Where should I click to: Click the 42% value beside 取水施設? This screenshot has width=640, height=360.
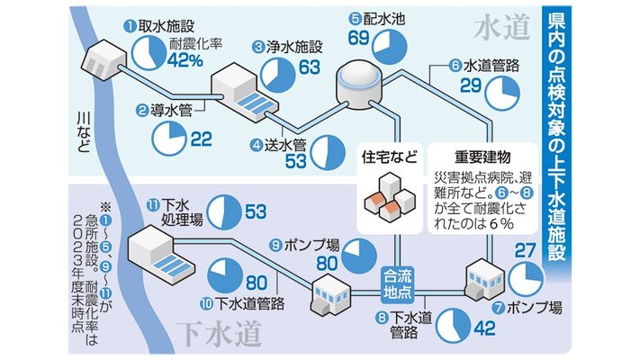coord(185,61)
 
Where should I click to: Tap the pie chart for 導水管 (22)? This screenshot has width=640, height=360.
coord(169,139)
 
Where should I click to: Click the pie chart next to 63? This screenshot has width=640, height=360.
coord(278,75)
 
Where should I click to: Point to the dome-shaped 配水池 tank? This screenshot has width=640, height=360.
coord(359,86)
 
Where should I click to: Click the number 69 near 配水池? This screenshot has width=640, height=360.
coord(359,38)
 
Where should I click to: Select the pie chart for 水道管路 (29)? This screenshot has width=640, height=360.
coord(502,93)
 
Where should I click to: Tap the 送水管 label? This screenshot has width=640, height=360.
coord(285,145)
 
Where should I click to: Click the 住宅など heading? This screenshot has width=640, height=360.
coord(390,157)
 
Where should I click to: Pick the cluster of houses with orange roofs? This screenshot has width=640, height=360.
coord(390,197)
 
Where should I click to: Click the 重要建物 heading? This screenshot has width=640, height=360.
coord(482,157)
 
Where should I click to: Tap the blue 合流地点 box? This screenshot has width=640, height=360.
coord(398,285)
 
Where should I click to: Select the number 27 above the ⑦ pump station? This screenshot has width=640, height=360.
coord(525,250)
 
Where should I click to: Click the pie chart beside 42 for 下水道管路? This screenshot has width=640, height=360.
coord(454,325)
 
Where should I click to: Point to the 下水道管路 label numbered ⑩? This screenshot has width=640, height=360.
coord(249,303)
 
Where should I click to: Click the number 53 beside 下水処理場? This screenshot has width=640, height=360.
coord(256,211)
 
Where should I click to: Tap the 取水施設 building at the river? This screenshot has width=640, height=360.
coord(104,60)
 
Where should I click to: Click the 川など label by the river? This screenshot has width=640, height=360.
coord(84,132)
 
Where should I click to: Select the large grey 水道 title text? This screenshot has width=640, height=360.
coord(502,27)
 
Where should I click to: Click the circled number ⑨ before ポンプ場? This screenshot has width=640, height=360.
coord(276,245)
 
